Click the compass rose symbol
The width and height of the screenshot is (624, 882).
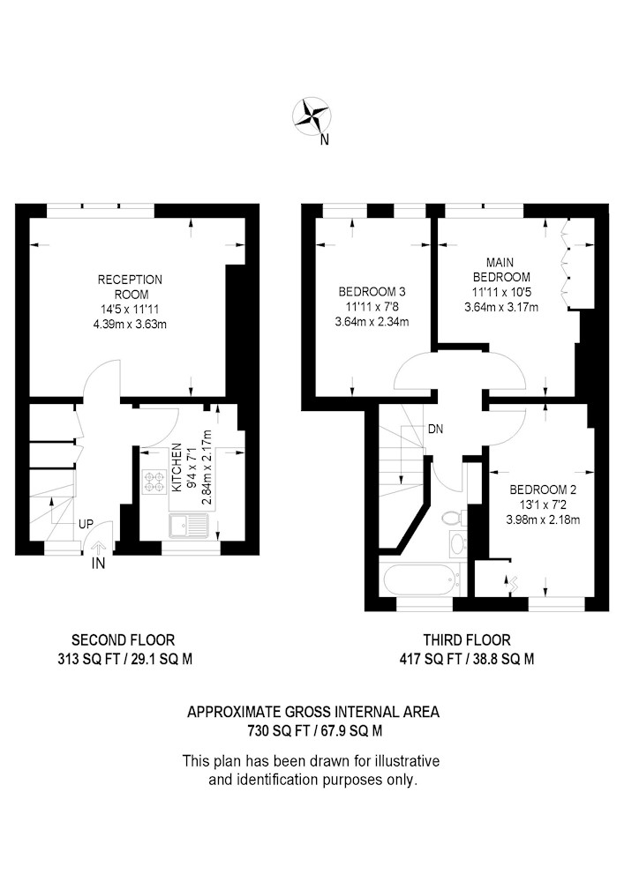(312, 116)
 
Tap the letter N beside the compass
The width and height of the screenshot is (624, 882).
(324, 140)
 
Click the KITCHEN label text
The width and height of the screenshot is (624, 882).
(177, 467)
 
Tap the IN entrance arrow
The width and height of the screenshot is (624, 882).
(98, 548)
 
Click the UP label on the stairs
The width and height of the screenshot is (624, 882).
(86, 524)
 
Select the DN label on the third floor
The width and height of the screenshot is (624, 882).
(435, 430)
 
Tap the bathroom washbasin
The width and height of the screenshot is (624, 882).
(458, 542)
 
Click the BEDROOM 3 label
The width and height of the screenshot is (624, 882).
(372, 291)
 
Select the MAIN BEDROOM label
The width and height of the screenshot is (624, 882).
(500, 269)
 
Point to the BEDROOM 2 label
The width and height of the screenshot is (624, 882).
(543, 490)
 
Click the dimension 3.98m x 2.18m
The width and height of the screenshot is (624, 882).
(543, 519)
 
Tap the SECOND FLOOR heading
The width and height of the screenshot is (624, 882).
(124, 639)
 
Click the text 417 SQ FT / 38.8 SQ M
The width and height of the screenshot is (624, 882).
(467, 659)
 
